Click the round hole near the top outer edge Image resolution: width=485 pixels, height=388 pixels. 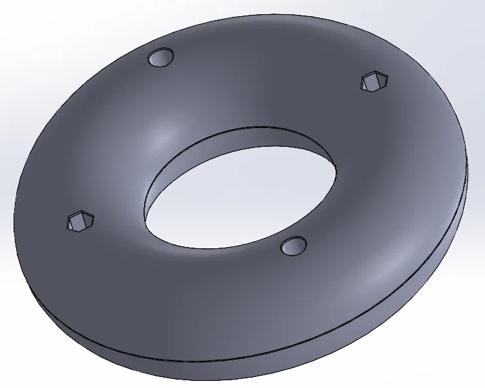pyautogui.click(x=161, y=58)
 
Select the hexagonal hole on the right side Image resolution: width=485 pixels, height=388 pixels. pyautogui.click(x=375, y=81)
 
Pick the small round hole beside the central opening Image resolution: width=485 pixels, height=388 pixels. pyautogui.click(x=294, y=245)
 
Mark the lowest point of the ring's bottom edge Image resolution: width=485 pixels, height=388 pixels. pyautogui.click(x=213, y=380)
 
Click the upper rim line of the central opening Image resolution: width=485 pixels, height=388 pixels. pyautogui.click(x=259, y=127)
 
